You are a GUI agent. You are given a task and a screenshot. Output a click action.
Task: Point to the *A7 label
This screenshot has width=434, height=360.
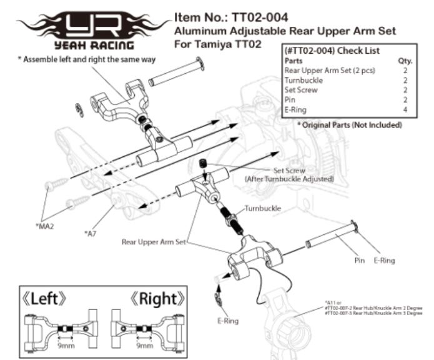click(90, 233)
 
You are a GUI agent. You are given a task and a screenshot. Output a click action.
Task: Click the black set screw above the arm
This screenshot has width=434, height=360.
click(202, 164)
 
